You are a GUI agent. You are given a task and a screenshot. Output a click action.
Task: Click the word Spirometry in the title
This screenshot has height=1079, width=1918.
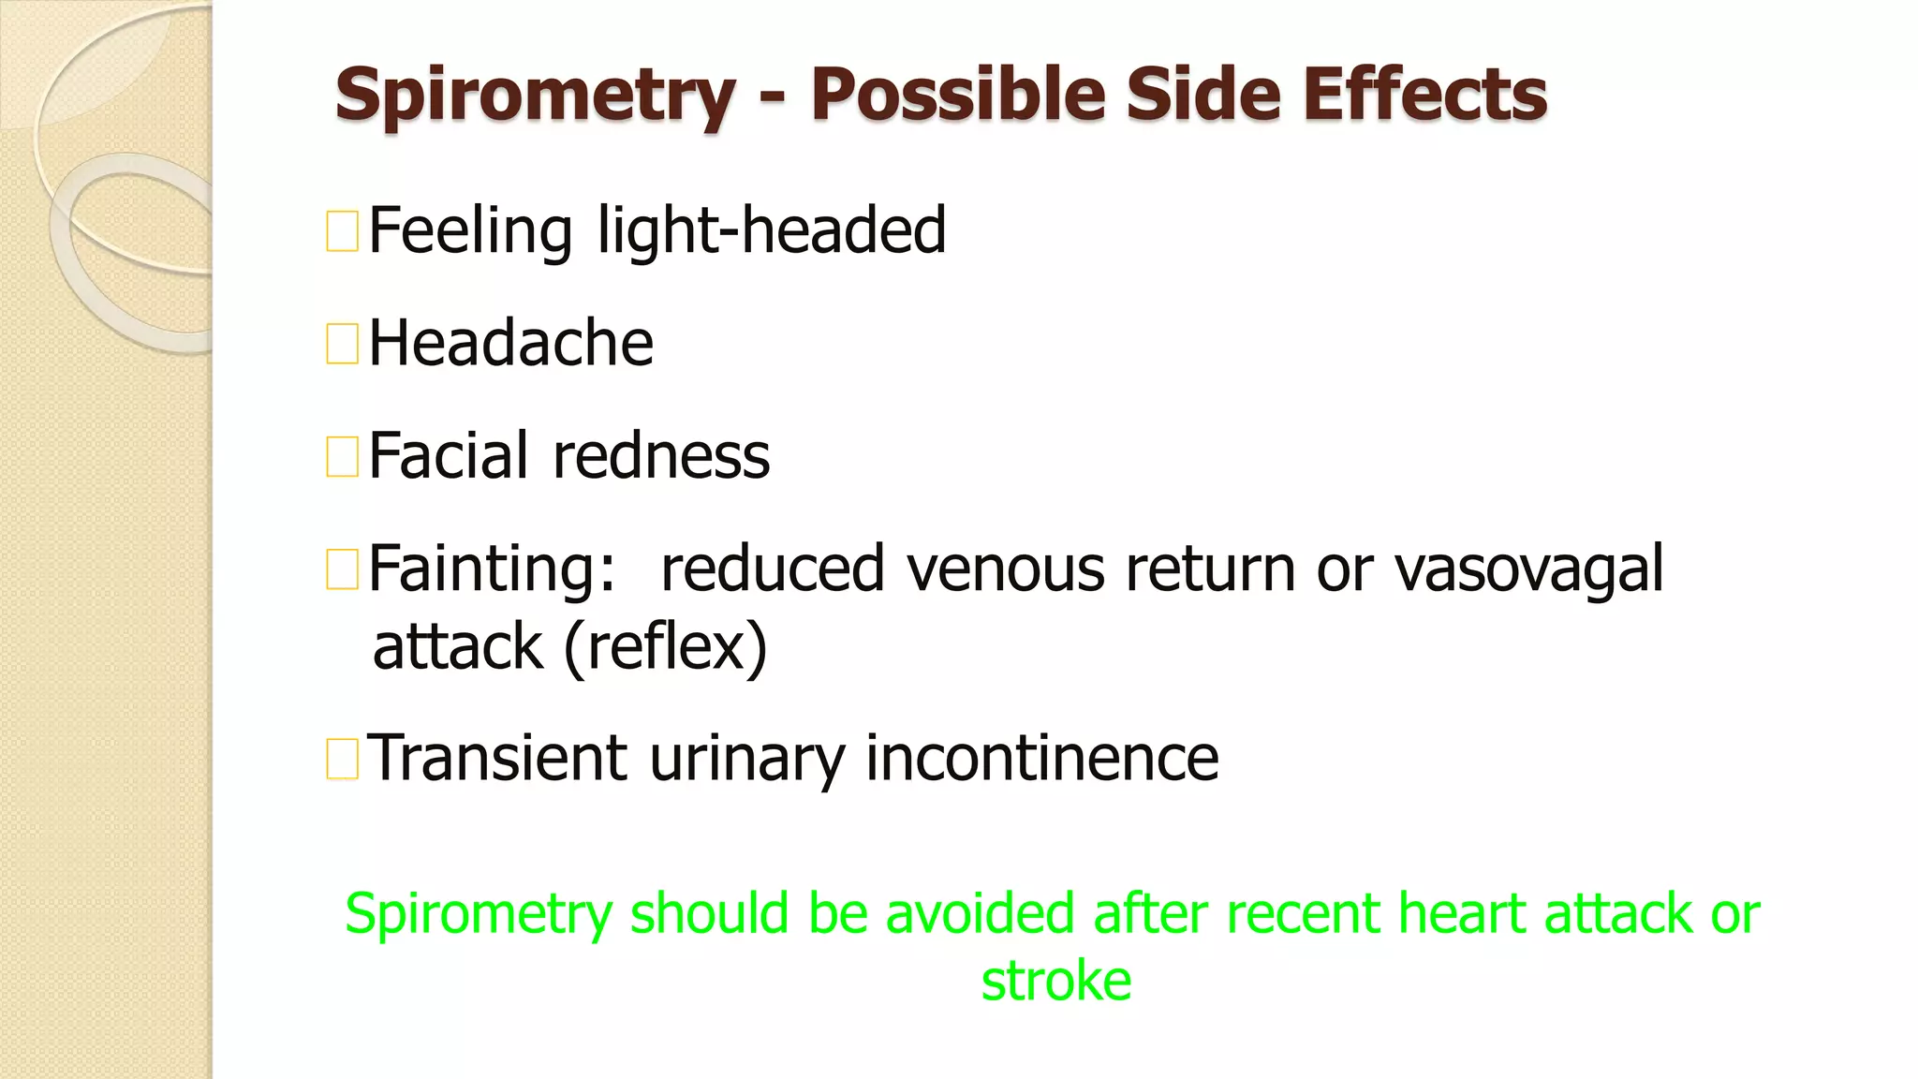pyautogui.click(x=535, y=96)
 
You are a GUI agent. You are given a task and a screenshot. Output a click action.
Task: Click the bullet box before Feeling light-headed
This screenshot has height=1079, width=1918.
pyautogui.click(x=342, y=232)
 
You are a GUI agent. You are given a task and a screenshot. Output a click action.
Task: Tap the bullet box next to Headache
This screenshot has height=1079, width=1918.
pyautogui.click(x=342, y=344)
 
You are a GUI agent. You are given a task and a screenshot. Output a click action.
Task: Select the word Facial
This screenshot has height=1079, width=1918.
pyautogui.click(x=449, y=456)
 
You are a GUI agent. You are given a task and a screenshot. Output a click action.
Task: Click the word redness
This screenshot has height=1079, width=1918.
pyautogui.click(x=661, y=456)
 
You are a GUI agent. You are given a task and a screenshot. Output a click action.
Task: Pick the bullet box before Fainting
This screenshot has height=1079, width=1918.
pyautogui.click(x=342, y=569)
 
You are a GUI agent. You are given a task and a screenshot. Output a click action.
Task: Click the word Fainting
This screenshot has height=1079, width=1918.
pyautogui.click(x=492, y=569)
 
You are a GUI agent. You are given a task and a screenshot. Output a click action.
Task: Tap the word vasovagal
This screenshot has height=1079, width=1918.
pyautogui.click(x=1528, y=569)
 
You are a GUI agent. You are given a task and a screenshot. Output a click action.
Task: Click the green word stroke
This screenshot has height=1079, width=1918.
pyautogui.click(x=1055, y=981)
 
